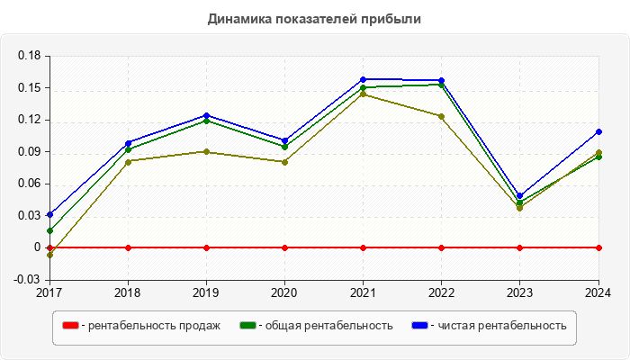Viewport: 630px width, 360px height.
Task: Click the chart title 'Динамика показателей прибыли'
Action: coord(314,19)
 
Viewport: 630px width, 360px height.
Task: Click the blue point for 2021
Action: coord(363,79)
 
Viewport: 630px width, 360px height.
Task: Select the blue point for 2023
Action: coord(519,195)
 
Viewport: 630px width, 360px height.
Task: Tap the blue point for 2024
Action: coord(598,131)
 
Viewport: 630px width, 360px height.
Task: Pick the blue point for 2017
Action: coord(49,214)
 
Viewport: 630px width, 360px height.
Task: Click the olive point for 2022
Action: coord(441,116)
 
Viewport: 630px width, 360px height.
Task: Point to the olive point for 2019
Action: coord(206,151)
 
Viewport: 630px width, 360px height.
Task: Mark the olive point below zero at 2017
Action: coord(49,255)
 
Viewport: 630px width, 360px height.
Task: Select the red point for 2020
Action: coord(284,247)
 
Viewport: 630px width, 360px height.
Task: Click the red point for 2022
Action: coord(441,247)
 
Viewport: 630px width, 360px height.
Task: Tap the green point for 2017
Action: coord(49,230)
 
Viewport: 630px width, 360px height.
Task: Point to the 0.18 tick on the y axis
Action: coord(30,56)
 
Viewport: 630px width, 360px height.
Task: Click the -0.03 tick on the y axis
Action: coord(28,279)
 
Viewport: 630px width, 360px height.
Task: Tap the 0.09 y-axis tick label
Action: coord(30,152)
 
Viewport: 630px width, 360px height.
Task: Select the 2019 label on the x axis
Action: coord(206,292)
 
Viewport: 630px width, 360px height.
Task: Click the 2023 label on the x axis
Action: coord(519,292)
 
